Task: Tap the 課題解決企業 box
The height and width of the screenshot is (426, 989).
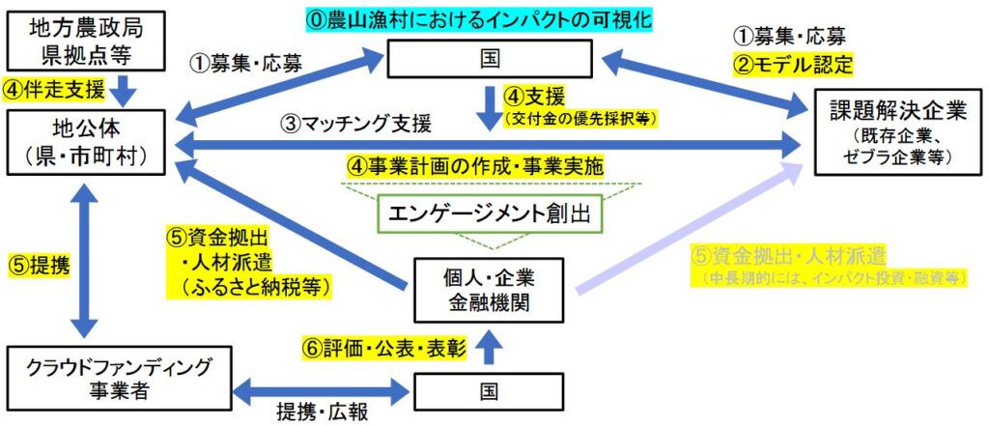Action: pos(890,132)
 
